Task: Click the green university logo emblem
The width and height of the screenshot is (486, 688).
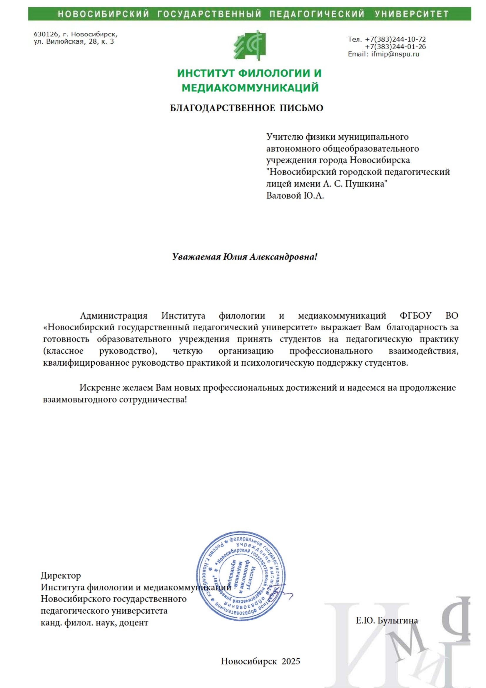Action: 249,45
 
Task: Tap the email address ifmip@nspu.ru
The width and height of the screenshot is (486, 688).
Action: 395,54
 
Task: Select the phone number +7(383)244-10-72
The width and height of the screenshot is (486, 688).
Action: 395,39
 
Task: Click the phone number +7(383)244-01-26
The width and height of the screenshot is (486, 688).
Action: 395,47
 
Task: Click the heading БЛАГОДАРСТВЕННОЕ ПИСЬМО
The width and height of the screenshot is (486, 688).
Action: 246,108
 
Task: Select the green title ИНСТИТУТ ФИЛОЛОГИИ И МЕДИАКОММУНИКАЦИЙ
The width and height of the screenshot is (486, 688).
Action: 249,80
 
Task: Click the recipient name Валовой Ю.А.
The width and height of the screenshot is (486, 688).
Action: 295,196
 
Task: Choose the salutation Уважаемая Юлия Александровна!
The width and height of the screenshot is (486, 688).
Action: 244,257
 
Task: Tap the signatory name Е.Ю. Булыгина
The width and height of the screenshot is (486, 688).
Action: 387,621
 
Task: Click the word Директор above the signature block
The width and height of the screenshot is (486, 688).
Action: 61,576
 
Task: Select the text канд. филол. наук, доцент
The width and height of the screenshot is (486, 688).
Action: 94,623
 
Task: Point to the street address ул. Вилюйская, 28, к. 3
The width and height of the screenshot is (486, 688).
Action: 74,42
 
